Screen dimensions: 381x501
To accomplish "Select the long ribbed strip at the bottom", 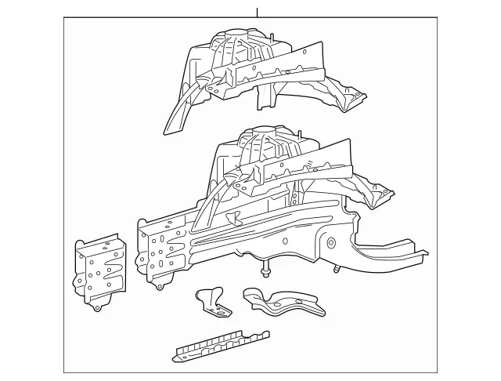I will coord(221,346).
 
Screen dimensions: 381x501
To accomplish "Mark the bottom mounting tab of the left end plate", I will coord(97,307).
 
